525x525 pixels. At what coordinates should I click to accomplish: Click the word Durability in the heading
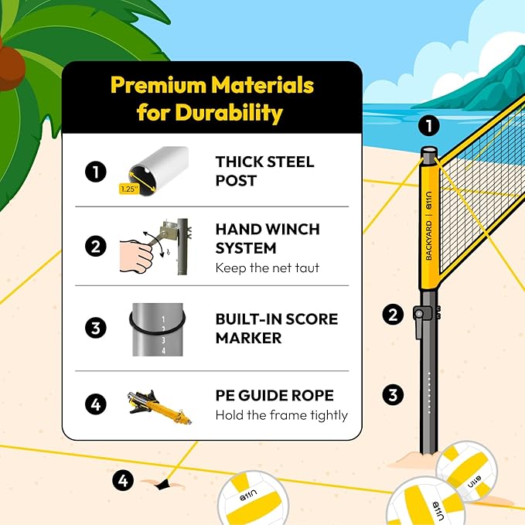[230, 113]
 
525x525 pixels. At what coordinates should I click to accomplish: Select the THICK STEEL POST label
[264, 171]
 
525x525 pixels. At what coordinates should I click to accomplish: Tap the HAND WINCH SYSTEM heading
[267, 239]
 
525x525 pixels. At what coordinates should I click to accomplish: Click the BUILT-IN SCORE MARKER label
[276, 328]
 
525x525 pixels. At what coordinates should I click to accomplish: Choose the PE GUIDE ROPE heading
[274, 395]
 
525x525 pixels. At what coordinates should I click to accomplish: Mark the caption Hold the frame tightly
[281, 415]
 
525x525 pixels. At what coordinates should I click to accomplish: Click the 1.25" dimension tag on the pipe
[128, 188]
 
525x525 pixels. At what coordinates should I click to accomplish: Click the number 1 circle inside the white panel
[95, 171]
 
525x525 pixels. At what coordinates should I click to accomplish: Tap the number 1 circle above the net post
[428, 125]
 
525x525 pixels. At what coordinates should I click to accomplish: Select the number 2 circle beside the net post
[394, 314]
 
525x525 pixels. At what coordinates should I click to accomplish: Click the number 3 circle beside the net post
[394, 395]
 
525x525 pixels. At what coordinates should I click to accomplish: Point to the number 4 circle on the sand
[122, 480]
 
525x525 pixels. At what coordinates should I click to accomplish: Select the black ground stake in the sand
[162, 483]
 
